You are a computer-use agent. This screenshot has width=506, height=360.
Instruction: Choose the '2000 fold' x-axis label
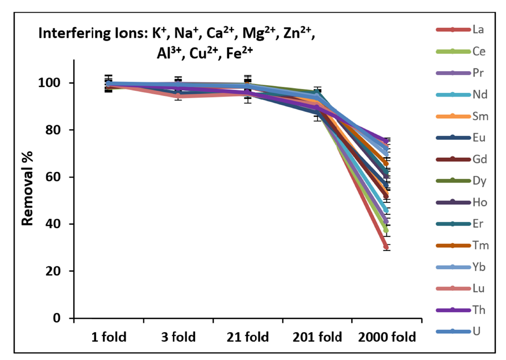tap(386, 337)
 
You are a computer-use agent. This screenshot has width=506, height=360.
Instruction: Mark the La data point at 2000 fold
tap(386, 247)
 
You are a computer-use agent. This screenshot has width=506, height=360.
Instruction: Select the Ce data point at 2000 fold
tap(386, 230)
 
